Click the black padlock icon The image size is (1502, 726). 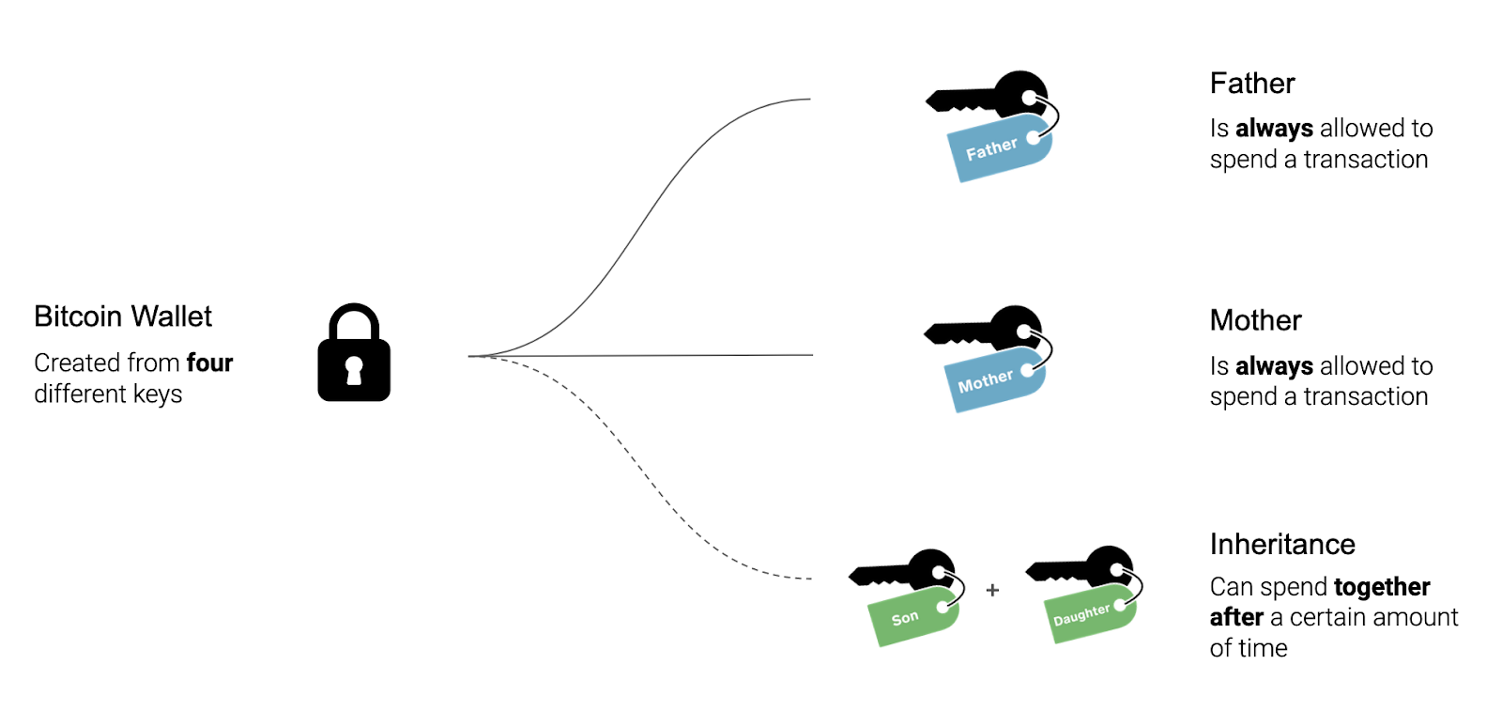tap(354, 354)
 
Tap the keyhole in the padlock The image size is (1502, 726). tap(354, 370)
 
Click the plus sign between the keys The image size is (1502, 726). tap(992, 590)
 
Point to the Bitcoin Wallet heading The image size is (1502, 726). tap(123, 317)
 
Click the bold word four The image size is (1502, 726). tap(209, 363)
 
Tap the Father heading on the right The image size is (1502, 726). tap(1252, 84)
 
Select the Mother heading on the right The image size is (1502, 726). tap(1255, 320)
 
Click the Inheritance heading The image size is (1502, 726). tap(1282, 544)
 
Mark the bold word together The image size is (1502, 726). tap(1382, 587)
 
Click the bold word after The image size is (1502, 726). tap(1236, 617)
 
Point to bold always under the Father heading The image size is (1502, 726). tap(1274, 128)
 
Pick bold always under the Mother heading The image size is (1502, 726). tap(1274, 365)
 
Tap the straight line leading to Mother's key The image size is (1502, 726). tap(657, 355)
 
